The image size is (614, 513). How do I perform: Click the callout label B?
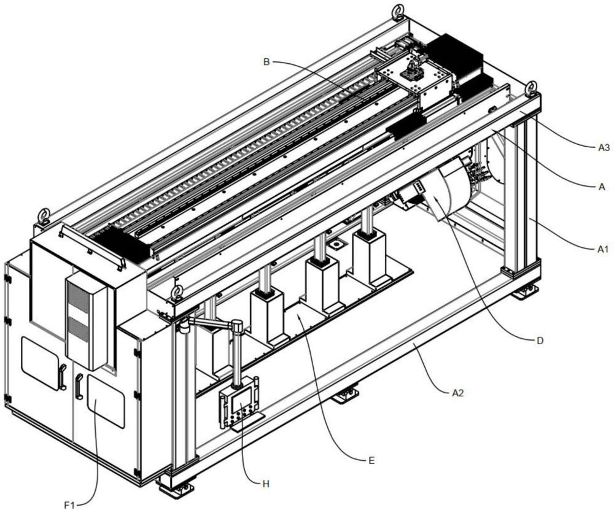pyautogui.click(x=266, y=62)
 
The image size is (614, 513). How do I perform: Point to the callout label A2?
pyautogui.click(x=458, y=393)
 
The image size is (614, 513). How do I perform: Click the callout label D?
pyautogui.click(x=540, y=341)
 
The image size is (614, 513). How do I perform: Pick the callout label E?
pyautogui.click(x=371, y=460)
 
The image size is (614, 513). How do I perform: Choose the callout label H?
pyautogui.click(x=266, y=484)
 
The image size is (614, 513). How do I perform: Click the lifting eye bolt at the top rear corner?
pyautogui.click(x=399, y=10)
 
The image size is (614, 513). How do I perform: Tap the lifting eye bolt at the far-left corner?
pyautogui.click(x=45, y=216)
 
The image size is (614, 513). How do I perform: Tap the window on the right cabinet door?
pyautogui.click(x=106, y=401)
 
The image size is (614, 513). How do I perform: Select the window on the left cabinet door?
pyautogui.click(x=40, y=363)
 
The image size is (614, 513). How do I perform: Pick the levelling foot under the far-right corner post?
pyautogui.click(x=526, y=292)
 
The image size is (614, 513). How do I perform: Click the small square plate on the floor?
pyautogui.click(x=335, y=245)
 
